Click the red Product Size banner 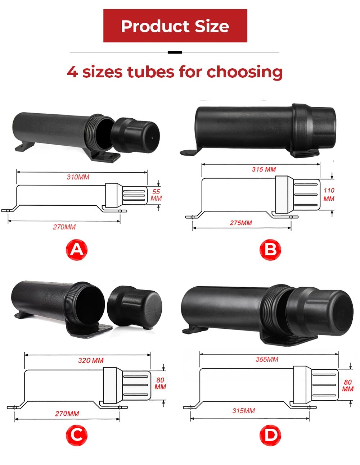[175, 26]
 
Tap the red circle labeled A [76, 250]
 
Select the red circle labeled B [270, 250]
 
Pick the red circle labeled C [76, 435]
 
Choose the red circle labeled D [270, 435]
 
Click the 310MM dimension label [78, 177]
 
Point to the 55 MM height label [156, 195]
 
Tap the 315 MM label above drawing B [264, 169]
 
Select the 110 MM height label [329, 194]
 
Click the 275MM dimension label [241, 223]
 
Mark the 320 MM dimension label [91, 360]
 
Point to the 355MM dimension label [267, 359]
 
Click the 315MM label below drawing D [243, 411]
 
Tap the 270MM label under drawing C [67, 414]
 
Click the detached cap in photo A [135, 135]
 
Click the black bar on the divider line [175, 52]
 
